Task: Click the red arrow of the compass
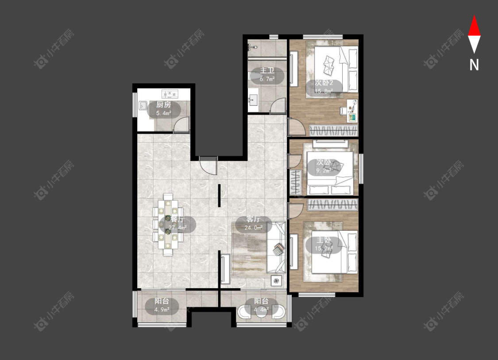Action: tap(474, 27)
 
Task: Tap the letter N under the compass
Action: tap(474, 65)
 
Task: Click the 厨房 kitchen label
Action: tap(163, 105)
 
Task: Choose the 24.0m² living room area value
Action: tap(254, 228)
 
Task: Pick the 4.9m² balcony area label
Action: tap(162, 310)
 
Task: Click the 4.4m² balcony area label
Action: tap(261, 310)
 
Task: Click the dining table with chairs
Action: tap(168, 225)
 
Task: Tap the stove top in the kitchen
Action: tap(170, 93)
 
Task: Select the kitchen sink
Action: tap(143, 105)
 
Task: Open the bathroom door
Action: tap(278, 107)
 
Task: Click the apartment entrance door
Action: tap(208, 165)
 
